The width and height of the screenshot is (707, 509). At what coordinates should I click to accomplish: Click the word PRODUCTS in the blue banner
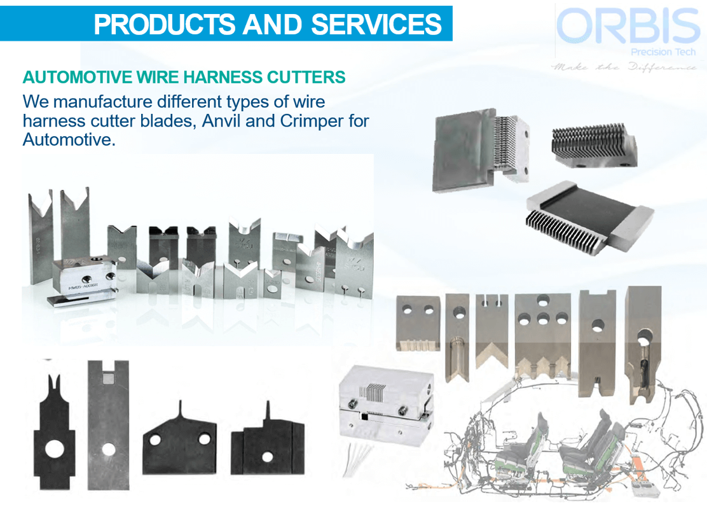tap(163, 24)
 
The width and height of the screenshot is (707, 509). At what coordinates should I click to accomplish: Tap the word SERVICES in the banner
tap(376, 24)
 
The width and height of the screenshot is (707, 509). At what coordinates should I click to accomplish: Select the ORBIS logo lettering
tap(628, 27)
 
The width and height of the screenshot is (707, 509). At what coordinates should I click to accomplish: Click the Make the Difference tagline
tap(624, 66)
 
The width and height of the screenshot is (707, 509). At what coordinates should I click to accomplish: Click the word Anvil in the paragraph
tap(222, 120)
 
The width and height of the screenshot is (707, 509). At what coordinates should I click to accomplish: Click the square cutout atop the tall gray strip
tap(108, 378)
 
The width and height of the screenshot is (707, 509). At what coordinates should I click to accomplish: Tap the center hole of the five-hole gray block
tap(542, 318)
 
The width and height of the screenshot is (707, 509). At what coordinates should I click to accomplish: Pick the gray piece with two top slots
tap(492, 333)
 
